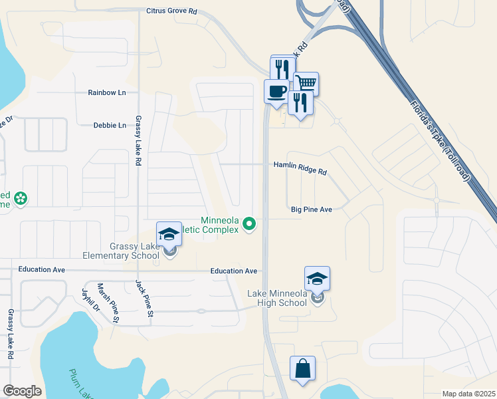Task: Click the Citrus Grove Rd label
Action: (x=171, y=11)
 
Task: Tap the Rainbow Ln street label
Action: (x=107, y=92)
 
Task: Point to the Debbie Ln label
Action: (x=110, y=125)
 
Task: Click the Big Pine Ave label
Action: (x=311, y=209)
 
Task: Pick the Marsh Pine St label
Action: (x=108, y=303)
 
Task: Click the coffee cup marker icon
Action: (x=276, y=91)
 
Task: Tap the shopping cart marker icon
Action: (x=306, y=83)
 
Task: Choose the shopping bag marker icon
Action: (x=302, y=368)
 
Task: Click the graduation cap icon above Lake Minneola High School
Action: (x=317, y=278)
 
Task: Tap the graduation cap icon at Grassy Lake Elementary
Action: (x=169, y=233)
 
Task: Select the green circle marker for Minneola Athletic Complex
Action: (x=249, y=223)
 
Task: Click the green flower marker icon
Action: (x=21, y=197)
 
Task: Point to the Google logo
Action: (x=22, y=390)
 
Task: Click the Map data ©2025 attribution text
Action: (x=468, y=394)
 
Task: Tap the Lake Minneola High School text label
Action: (x=277, y=298)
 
